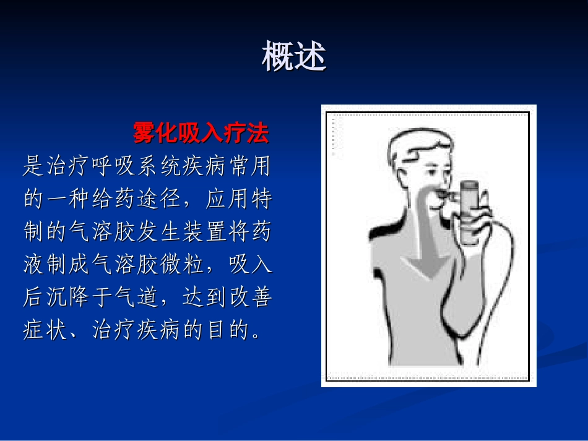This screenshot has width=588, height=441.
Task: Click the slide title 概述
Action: point(293,57)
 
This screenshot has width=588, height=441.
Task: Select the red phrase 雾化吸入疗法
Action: point(201,132)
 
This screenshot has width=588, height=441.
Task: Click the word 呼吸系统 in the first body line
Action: point(147,166)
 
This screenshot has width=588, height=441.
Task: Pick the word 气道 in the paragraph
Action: point(136,299)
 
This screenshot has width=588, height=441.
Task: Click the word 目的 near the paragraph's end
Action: point(221,333)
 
